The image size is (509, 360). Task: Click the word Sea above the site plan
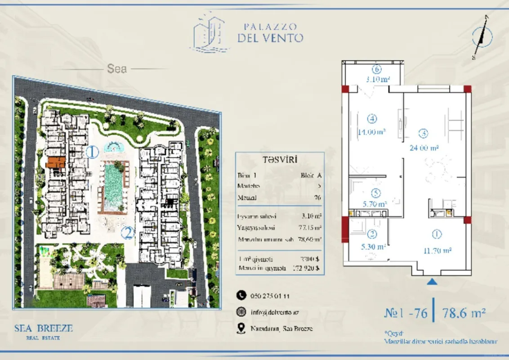[x=117, y=69]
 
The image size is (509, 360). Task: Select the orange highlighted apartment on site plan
[x=56, y=162]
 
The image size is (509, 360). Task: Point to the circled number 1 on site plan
[x=92, y=152]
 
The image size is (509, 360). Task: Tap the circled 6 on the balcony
[x=377, y=70]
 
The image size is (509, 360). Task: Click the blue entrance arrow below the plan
[x=432, y=282]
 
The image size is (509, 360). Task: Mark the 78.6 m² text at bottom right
[x=464, y=312]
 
